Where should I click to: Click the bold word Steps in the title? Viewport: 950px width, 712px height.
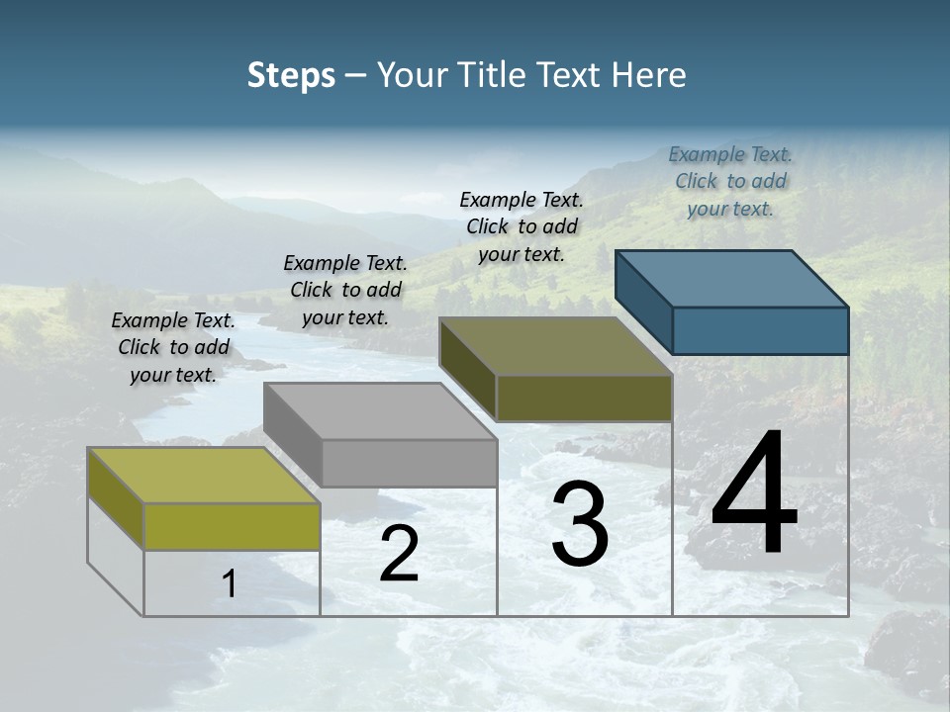(x=291, y=75)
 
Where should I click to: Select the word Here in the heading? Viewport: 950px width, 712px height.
(x=648, y=75)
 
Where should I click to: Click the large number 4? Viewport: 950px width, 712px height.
(x=754, y=494)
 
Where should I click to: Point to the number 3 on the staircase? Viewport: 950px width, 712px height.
(x=580, y=524)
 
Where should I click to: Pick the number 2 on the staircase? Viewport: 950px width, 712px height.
(x=399, y=554)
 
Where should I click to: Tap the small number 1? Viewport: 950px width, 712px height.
(x=230, y=584)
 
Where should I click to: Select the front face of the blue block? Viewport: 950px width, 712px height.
(x=760, y=330)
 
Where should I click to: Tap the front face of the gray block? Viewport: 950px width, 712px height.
(x=409, y=463)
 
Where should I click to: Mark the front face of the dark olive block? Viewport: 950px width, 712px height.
(x=584, y=398)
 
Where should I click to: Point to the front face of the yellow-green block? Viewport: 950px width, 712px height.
(x=232, y=526)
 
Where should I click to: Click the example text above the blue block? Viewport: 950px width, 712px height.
(x=730, y=181)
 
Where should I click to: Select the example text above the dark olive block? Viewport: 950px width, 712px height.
(x=522, y=226)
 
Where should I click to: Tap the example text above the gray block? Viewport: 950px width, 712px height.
(x=345, y=290)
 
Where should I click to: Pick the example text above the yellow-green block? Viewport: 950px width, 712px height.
(x=173, y=347)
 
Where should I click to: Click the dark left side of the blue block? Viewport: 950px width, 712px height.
(x=643, y=302)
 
